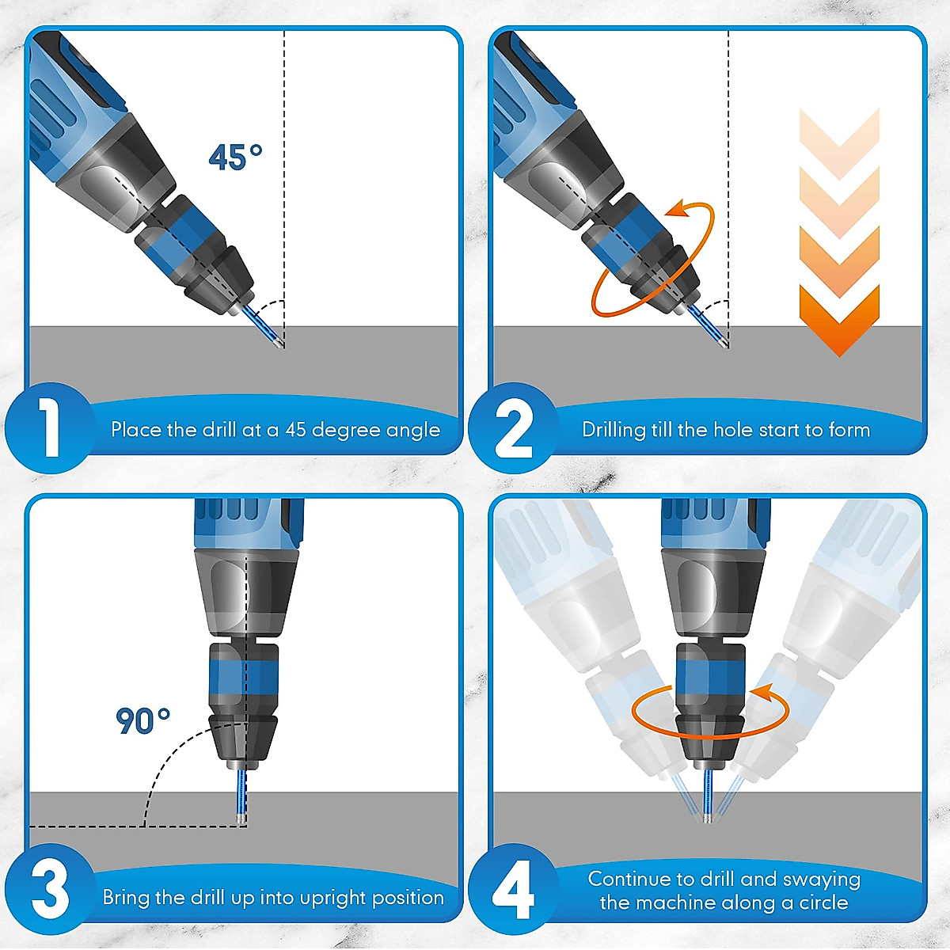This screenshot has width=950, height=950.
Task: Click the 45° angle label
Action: (235, 157)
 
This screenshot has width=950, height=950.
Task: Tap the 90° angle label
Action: (142, 720)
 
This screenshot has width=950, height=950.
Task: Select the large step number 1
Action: (49, 427)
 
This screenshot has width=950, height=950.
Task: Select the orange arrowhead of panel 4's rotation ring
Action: (761, 694)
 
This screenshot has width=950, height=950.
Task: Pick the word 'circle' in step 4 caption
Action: (823, 902)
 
